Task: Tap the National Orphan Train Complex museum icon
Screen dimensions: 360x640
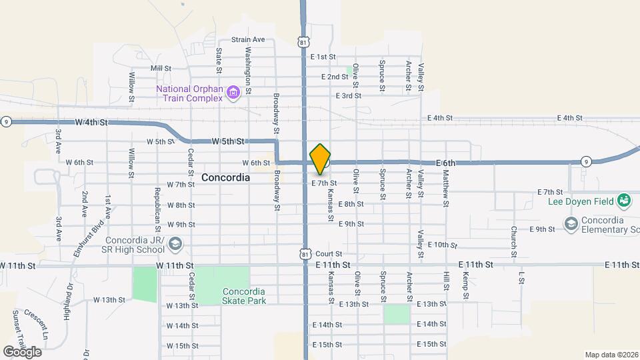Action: point(233,92)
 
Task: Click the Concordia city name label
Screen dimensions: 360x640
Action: point(225,178)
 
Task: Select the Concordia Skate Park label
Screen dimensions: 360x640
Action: point(244,296)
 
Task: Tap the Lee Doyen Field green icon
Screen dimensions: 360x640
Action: point(624,199)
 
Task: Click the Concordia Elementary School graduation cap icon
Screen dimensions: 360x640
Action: point(571,224)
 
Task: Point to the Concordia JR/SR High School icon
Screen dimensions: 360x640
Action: point(175,245)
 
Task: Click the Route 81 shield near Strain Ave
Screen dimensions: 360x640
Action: point(304,41)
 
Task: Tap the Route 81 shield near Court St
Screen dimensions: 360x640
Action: point(304,254)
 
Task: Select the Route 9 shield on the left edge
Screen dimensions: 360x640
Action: point(6,121)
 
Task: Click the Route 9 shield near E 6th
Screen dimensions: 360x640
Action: point(585,161)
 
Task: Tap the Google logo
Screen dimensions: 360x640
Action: point(22,351)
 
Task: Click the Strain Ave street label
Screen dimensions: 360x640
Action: point(248,39)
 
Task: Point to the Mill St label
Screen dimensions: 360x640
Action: point(161,68)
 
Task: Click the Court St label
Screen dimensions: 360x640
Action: point(329,254)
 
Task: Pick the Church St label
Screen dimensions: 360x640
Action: point(514,240)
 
